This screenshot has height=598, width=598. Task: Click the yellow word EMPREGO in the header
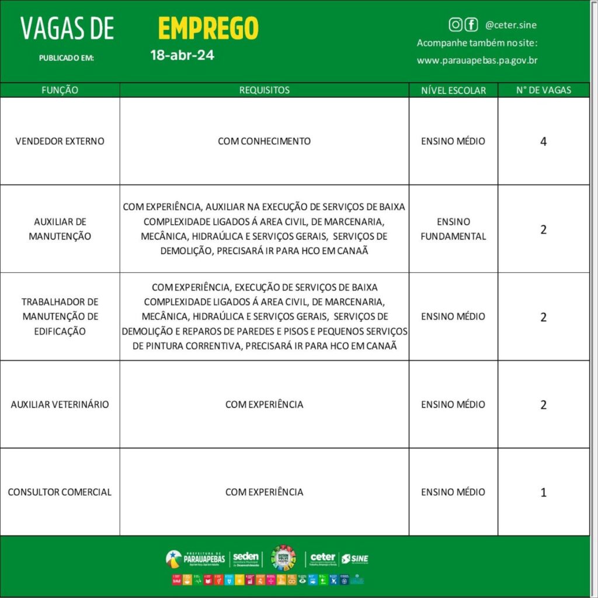click(208, 28)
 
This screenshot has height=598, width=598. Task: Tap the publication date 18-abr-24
click(181, 56)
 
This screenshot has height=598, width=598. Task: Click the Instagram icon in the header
click(456, 25)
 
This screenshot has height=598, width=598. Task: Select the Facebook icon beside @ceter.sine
click(471, 25)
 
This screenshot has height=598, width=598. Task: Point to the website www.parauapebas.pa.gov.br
click(477, 60)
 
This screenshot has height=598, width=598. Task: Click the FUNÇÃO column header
click(60, 91)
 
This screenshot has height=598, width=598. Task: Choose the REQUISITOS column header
click(264, 91)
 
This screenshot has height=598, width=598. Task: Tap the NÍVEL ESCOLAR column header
click(453, 91)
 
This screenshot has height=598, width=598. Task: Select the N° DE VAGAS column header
click(544, 91)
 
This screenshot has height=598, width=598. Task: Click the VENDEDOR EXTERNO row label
click(60, 141)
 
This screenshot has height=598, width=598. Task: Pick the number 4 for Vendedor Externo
click(544, 141)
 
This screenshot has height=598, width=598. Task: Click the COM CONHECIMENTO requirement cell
click(264, 141)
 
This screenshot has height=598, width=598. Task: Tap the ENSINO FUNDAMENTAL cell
click(453, 229)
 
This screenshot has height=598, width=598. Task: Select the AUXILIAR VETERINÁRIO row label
click(60, 404)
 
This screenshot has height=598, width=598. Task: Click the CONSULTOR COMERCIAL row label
click(60, 492)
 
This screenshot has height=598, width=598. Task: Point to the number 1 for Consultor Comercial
click(544, 492)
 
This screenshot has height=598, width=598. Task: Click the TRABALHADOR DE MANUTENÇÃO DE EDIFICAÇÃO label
click(60, 317)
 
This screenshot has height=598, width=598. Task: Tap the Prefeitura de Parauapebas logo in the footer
click(195, 559)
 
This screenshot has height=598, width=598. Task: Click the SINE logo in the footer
click(355, 559)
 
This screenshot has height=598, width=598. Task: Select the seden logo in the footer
click(245, 559)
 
